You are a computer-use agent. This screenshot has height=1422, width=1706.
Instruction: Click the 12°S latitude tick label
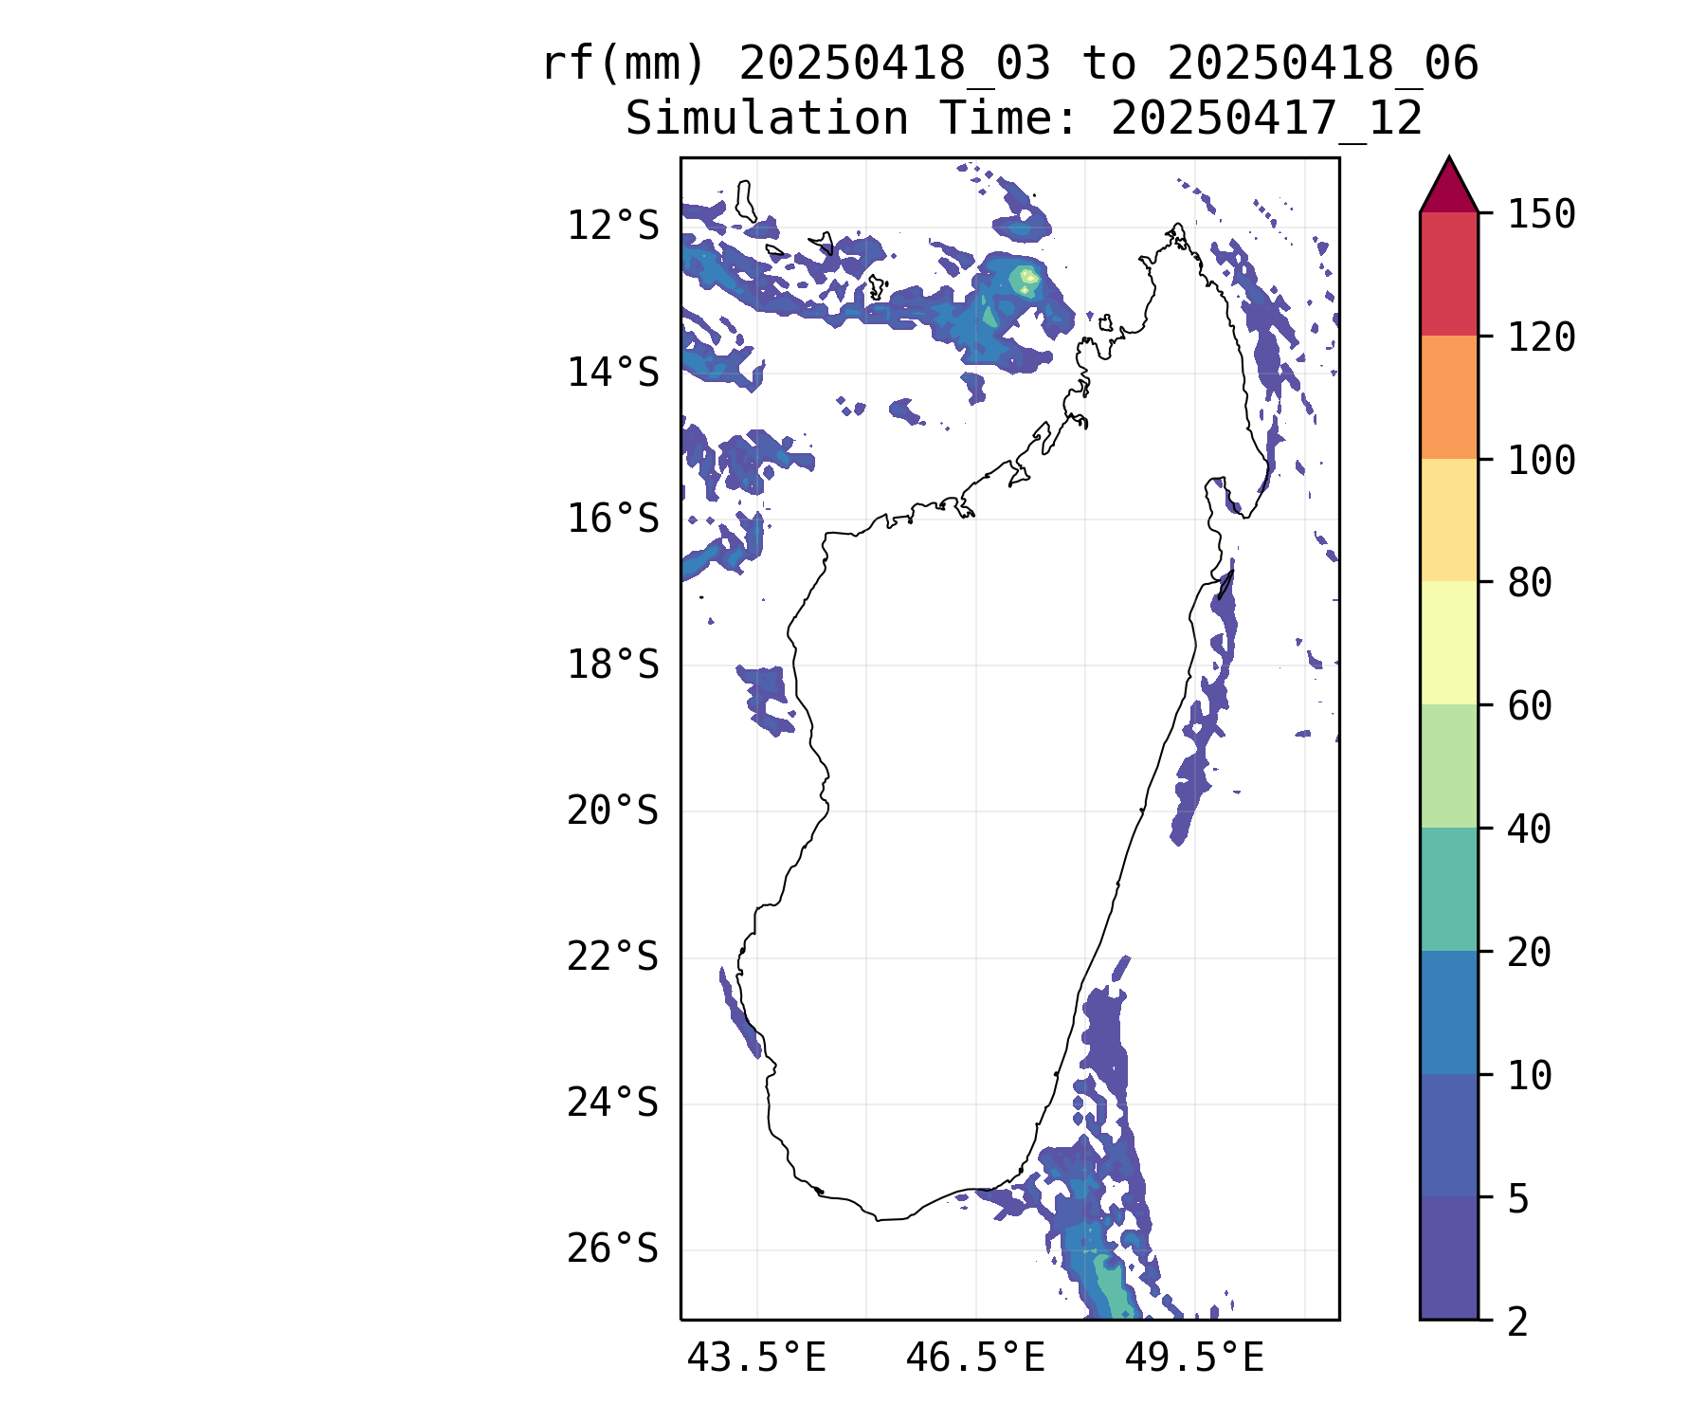pos(612,227)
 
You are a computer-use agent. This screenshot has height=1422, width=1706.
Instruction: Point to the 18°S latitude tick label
pos(612,665)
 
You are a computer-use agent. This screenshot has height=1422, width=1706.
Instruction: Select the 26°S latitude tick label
pos(612,1249)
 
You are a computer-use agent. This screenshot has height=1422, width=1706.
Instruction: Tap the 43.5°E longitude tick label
pos(756,1358)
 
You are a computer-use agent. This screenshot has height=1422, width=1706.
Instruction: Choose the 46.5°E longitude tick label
pos(975,1358)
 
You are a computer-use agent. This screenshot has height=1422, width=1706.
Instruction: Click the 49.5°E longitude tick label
pos(1194,1358)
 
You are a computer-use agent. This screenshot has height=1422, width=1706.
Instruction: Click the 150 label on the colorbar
pos(1541,214)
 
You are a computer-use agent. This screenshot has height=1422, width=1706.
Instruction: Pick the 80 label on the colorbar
pos(1530,583)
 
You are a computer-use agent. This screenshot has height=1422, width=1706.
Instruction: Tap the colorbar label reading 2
pos(1518,1322)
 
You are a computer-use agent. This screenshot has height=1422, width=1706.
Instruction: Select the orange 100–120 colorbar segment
pos(1448,397)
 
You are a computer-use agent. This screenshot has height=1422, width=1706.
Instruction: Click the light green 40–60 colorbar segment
pos(1448,766)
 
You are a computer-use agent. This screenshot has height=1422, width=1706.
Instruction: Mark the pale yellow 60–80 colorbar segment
pos(1448,643)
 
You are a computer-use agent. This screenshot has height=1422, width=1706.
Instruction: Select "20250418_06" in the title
pos(1322,64)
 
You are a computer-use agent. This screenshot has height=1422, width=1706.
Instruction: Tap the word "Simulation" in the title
pos(767,119)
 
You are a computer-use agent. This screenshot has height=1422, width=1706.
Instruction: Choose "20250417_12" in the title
pos(1266,119)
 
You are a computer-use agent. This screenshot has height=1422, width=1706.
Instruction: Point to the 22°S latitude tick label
pos(612,957)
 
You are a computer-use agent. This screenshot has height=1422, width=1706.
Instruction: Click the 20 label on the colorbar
pos(1530,953)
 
